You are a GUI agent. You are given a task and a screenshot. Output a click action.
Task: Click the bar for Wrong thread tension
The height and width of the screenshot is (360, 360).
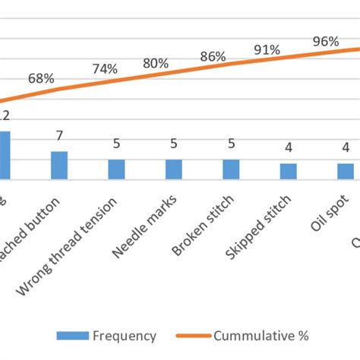[116, 169]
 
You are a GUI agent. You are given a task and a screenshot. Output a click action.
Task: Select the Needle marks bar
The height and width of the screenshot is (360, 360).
[174, 169]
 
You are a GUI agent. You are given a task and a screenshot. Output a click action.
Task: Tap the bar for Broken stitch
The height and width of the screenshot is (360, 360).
[231, 169]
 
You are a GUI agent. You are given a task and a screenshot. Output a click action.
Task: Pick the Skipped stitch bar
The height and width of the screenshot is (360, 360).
[288, 171]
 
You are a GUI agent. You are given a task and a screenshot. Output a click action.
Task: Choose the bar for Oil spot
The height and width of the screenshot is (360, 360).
[346, 171]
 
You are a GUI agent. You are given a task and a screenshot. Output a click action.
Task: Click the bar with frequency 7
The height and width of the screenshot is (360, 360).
[59, 165]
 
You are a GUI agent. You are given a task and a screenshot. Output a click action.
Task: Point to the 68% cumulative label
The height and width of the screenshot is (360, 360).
[41, 77]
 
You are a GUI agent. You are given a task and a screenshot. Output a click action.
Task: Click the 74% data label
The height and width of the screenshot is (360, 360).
[105, 68]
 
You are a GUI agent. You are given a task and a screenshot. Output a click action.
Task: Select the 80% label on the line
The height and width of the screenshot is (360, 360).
[155, 63]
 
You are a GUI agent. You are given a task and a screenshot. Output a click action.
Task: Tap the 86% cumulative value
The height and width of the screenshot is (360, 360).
[213, 56]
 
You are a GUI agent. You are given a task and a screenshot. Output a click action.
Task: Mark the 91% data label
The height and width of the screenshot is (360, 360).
[267, 49]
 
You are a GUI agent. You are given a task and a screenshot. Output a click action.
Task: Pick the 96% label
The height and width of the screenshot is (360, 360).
[325, 41]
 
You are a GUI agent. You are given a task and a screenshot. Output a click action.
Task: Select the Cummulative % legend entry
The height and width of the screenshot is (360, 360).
[243, 335]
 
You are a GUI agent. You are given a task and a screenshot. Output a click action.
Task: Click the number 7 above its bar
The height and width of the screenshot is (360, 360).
[58, 135]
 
